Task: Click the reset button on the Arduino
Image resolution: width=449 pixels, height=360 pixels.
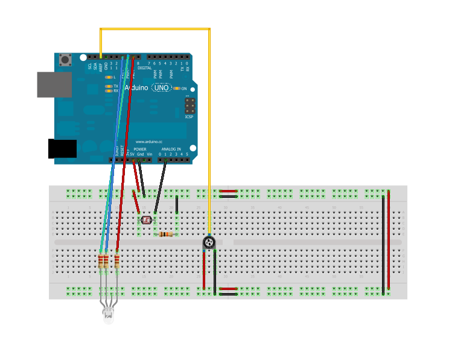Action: click(65, 60)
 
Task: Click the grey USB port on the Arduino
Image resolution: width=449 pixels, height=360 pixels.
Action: click(54, 84)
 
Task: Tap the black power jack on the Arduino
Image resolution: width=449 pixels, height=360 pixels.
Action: click(62, 148)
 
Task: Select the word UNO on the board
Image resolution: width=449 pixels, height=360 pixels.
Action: click(161, 87)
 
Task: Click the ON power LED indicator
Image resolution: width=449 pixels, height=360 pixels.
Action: click(177, 88)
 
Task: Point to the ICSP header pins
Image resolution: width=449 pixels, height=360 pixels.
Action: click(189, 107)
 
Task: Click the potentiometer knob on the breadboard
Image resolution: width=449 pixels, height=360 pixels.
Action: click(209, 242)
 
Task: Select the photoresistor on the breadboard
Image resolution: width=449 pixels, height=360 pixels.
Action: click(146, 220)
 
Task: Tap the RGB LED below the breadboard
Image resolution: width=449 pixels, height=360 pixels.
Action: click(109, 314)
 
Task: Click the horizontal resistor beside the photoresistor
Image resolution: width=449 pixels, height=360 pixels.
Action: click(166, 235)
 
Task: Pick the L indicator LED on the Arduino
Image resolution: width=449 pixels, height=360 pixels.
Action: click(109, 77)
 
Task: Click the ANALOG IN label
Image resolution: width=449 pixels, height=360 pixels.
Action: click(171, 149)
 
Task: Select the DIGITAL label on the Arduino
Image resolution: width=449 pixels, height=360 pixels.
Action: click(145, 68)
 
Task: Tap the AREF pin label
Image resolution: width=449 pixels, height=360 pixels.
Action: click(101, 66)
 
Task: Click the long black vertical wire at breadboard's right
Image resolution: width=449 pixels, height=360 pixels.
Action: click(383, 244)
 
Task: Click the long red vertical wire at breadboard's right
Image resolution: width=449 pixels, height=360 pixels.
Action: click(389, 241)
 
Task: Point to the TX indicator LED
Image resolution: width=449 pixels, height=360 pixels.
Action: click(109, 86)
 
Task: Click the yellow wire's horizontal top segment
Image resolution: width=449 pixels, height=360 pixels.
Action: click(155, 28)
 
